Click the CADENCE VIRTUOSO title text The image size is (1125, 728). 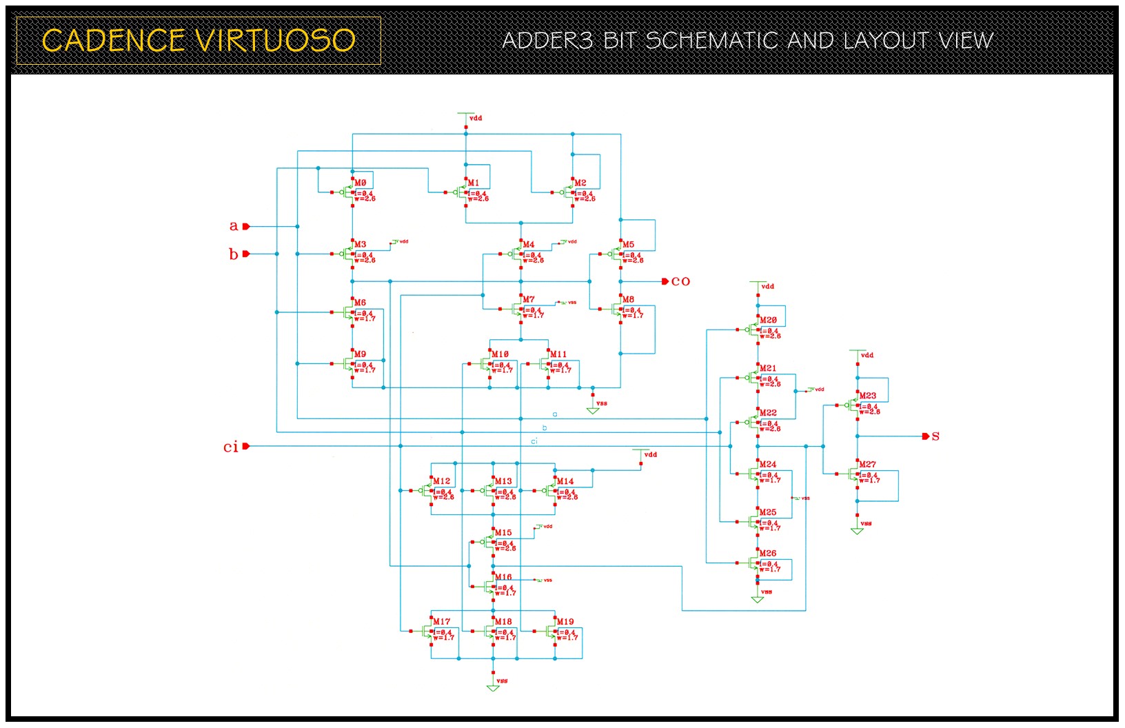[x=199, y=41]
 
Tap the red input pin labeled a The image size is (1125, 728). [x=245, y=226]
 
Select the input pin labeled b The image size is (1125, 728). [x=245, y=254]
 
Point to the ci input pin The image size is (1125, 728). [x=245, y=446]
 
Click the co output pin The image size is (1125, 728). [x=665, y=281]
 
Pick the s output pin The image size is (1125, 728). [x=926, y=436]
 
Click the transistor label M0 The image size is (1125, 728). [x=360, y=183]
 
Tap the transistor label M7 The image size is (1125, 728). [x=528, y=299]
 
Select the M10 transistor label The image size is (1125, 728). [x=500, y=354]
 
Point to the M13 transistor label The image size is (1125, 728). [x=503, y=481]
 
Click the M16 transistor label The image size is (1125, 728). [x=503, y=577]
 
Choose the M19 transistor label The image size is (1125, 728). [x=565, y=622]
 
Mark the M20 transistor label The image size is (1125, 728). [x=768, y=320]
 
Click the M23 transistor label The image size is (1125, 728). [x=867, y=396]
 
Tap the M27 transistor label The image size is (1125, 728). [x=867, y=465]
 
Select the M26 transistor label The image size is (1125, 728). [x=768, y=554]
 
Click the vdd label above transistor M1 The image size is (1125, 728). [x=475, y=118]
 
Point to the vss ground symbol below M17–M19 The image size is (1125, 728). [x=493, y=687]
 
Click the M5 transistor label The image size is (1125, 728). [x=628, y=245]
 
